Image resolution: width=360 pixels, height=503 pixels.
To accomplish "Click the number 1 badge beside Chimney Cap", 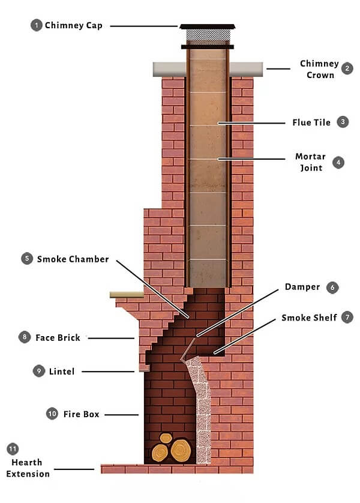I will coord(37,25).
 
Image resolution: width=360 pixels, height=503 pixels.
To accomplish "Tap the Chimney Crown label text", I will coord(319,69).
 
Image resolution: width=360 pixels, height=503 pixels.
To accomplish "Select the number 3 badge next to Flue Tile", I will coord(343,122).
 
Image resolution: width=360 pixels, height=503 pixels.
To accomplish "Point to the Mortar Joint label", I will coord(310,162).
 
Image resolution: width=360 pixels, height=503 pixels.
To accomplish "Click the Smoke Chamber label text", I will coord(73,259).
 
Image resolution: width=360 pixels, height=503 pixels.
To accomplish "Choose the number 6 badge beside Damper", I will coord(332,288).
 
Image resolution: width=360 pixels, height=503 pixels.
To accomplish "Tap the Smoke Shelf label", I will coord(309,318).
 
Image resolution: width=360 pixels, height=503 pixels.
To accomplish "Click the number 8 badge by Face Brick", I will coord(25,337).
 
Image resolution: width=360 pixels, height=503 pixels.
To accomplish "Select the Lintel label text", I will coord(63,372).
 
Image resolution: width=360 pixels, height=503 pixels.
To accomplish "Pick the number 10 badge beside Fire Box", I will coord(52,414).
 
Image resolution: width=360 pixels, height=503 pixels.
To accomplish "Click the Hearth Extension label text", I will coord(28,468).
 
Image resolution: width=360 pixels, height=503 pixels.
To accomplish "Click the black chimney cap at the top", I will coord(208,27).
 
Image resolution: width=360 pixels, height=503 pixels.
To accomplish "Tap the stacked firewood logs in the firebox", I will coord(172,450).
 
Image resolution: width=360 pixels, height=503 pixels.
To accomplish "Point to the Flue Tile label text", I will coord(312,122).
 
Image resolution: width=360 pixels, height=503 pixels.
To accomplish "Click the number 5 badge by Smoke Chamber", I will coord(26,259).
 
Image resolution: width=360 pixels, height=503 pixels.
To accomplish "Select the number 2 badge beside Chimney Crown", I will coord(347,68).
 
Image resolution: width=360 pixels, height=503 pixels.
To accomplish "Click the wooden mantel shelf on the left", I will coord(127,294).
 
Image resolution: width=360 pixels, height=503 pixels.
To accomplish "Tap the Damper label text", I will coord(304,287).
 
